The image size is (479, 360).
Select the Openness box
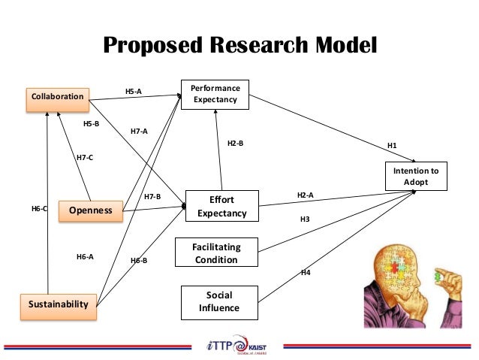tap(90, 210)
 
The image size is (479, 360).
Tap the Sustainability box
tap(59, 304)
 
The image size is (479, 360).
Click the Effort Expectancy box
tap(221, 207)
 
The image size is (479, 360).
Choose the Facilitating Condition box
tap(216, 254)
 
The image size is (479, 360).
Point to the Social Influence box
tap(218, 301)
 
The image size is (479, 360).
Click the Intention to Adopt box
tap(416, 177)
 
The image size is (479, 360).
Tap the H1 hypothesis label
tap(392, 145)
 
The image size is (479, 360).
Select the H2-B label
tap(235, 143)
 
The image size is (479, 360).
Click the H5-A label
tap(133, 92)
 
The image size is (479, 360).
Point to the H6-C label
tap(38, 210)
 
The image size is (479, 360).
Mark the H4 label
tap(306, 272)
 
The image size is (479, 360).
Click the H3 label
tap(305, 219)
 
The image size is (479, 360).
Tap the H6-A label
tap(85, 257)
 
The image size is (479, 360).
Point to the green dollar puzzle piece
tap(438, 277)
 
